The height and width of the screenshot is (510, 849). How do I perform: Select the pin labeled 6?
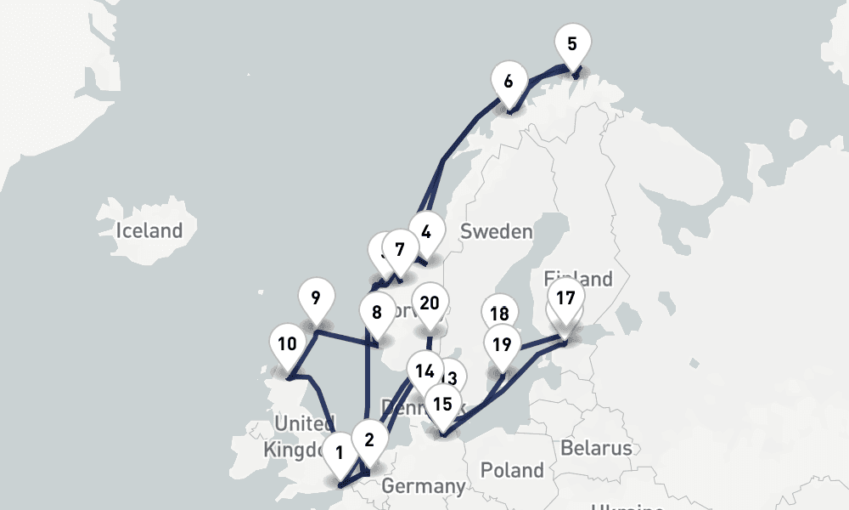point(508,82)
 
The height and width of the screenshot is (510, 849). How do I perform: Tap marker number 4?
point(426,231)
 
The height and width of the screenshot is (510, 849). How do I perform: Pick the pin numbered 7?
point(400,250)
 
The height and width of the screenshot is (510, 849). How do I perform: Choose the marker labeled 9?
point(316,298)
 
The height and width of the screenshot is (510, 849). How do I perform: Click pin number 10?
point(287,344)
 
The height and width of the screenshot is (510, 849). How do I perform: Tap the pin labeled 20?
point(430,303)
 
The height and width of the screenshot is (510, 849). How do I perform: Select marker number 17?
point(566,298)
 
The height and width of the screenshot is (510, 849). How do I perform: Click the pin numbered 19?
point(503,344)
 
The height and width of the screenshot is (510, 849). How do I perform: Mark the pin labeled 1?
point(340,452)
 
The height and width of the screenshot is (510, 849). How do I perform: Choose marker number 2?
point(369,439)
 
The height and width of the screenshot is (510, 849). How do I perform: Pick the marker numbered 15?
point(442,404)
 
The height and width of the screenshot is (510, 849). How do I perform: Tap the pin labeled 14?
point(424,371)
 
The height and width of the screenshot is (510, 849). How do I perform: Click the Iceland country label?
point(149,229)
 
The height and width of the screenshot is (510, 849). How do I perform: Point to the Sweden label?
point(496,231)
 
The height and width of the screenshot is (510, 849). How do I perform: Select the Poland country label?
point(512,469)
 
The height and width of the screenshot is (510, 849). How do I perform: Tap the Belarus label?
point(596,448)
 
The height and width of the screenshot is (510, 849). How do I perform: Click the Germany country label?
point(423,486)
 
